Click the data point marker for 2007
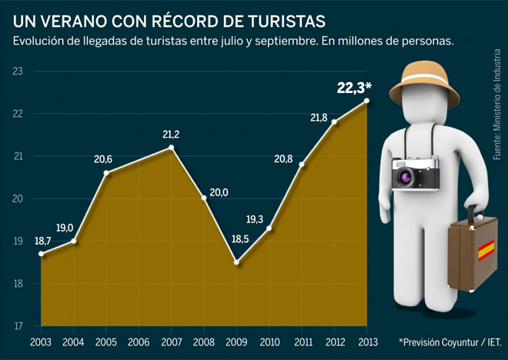(x=171, y=147)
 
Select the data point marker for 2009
(x=237, y=262)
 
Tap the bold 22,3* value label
(x=353, y=88)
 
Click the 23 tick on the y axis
(x=18, y=72)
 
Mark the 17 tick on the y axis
(x=18, y=326)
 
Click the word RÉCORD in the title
(x=175, y=17)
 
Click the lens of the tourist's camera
(x=406, y=178)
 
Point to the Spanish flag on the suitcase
(x=486, y=250)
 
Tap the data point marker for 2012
(x=334, y=122)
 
